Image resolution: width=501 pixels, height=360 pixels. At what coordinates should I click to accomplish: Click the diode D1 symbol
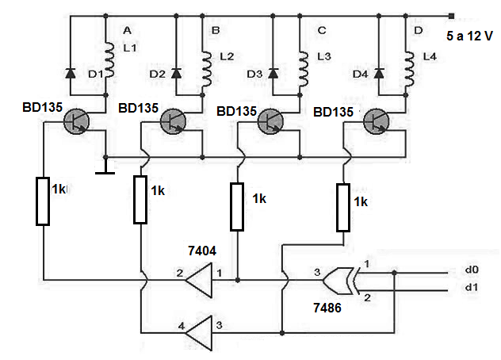71,73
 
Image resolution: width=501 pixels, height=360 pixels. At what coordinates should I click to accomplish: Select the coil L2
206,69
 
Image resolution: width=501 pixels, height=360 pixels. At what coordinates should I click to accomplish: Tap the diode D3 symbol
273,73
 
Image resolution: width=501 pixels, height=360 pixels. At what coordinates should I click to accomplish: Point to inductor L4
409,69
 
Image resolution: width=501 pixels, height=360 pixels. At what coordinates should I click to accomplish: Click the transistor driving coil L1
76,121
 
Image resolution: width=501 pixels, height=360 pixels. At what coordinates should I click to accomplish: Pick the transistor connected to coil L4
377,121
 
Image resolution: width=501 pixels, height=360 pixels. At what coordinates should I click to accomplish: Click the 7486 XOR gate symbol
339,281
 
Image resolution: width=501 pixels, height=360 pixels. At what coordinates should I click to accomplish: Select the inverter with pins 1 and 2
199,281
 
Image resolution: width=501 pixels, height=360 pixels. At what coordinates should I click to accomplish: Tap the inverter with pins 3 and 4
199,333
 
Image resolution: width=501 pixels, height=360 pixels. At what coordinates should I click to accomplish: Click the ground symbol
105,170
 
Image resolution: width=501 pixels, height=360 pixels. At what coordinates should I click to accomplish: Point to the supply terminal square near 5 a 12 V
451,16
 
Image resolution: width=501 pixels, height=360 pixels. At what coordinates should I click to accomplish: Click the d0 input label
472,270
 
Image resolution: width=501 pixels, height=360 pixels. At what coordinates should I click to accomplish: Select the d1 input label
472,287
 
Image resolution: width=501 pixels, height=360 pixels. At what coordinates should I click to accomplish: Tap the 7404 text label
202,251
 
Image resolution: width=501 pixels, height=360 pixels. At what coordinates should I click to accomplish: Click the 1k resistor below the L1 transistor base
43,201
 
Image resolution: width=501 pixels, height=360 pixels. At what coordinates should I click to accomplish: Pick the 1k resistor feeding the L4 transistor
343,207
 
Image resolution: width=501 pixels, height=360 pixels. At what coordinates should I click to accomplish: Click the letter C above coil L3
322,30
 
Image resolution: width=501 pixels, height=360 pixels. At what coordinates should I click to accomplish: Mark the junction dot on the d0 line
395,273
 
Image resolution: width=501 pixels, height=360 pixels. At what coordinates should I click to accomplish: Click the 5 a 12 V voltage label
469,36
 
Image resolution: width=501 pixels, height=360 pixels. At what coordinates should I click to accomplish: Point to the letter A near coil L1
127,30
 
